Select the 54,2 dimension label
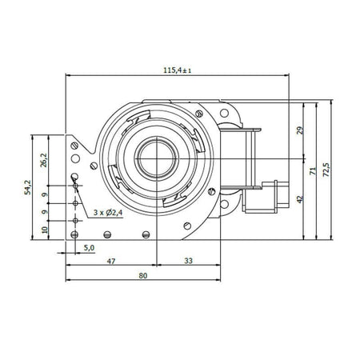[x=28, y=187]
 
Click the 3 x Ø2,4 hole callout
[x=108, y=213]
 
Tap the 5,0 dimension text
[x=90, y=248]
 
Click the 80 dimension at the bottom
[x=143, y=276]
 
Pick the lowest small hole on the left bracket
[x=75, y=235]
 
